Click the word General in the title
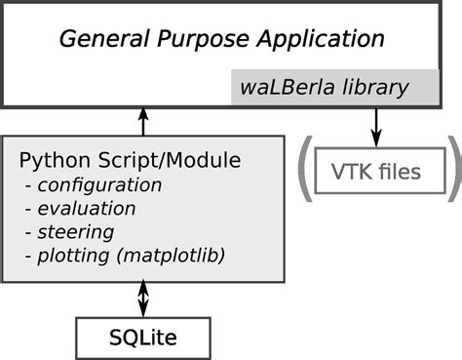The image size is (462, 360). pos(99,40)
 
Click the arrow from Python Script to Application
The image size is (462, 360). pos(143,121)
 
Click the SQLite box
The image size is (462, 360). pos(143,338)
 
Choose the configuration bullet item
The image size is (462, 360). pos(97,184)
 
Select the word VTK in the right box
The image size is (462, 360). pos(351,173)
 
